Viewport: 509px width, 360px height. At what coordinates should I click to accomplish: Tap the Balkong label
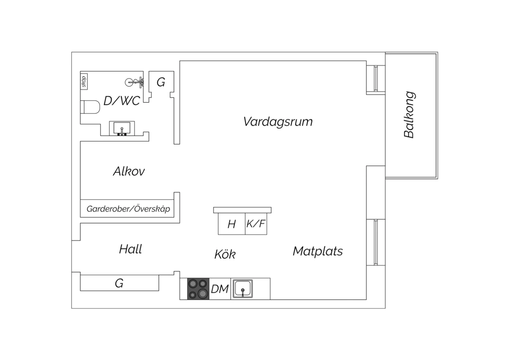point(409,114)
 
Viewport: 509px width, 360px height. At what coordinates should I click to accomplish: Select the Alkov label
point(129,171)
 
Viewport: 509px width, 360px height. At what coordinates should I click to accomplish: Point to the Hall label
point(131,249)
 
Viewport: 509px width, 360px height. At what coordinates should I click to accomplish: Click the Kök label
point(225,254)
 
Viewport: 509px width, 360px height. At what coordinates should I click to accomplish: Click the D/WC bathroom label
point(121,101)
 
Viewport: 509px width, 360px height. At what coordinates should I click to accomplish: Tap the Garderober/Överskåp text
point(128,209)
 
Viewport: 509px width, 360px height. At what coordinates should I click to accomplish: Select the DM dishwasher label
point(220,289)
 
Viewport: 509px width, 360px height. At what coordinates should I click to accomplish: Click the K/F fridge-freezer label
point(256,224)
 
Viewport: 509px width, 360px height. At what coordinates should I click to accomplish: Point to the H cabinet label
point(231,224)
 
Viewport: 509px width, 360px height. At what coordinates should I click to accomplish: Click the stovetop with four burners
point(198,289)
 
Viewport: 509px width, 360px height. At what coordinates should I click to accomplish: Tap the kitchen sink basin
point(243,289)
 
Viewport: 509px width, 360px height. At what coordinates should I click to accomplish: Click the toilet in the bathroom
point(90,107)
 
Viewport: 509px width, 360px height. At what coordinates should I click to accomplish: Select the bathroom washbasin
point(122,128)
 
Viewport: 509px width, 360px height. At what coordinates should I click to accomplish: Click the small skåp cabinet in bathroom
point(84,82)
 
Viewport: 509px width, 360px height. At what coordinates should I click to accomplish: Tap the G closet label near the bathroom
point(161,82)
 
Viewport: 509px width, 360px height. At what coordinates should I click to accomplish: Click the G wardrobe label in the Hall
point(119,283)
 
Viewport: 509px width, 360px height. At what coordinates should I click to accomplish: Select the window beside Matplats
point(376,242)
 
